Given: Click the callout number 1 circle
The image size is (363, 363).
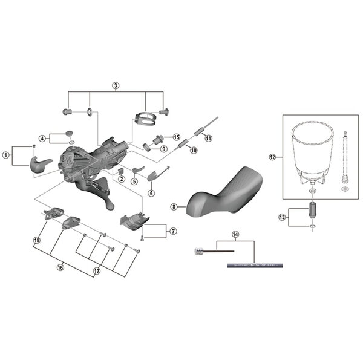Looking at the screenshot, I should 6,155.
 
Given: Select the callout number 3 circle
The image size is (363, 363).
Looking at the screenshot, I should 115,85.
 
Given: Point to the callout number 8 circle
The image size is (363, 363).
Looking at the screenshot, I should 174,206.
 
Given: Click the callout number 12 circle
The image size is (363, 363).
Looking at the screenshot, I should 272,157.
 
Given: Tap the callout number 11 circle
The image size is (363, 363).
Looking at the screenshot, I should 208,138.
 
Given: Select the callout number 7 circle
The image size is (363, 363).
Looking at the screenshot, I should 173,230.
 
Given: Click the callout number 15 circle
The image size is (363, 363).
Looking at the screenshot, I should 177,137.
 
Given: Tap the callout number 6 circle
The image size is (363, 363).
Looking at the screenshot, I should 151,193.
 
